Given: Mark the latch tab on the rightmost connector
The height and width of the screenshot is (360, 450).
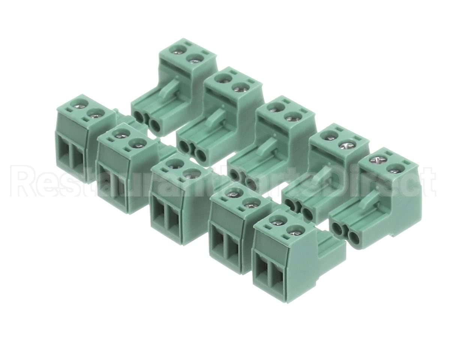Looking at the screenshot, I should click(373, 199).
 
